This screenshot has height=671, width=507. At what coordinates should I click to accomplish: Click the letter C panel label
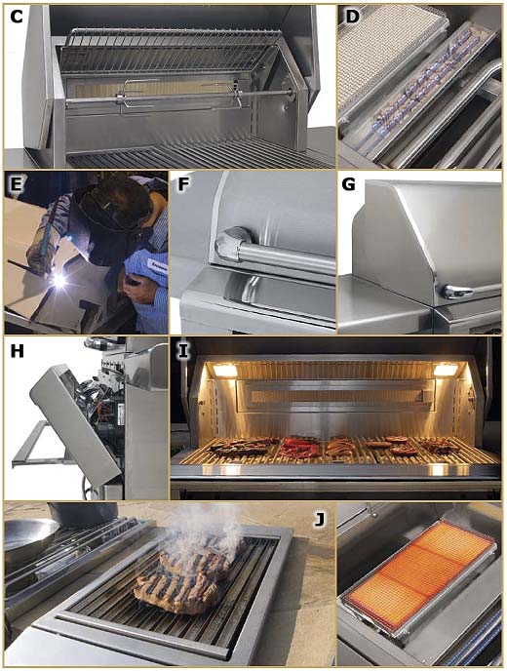click(16, 17)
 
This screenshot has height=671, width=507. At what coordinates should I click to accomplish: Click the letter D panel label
click(352, 17)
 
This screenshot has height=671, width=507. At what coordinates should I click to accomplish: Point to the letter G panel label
click(349, 184)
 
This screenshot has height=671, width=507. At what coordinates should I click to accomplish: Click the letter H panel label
click(17, 351)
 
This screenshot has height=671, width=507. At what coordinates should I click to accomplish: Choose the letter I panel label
click(183, 351)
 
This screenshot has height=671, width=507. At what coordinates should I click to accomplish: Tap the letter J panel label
click(319, 519)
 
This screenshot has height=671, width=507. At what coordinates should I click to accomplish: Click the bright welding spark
click(59, 280)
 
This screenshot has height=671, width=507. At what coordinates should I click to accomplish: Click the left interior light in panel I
click(225, 370)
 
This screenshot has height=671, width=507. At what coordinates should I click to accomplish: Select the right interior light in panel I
click(446, 370)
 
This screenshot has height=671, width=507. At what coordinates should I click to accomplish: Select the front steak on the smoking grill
click(176, 593)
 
